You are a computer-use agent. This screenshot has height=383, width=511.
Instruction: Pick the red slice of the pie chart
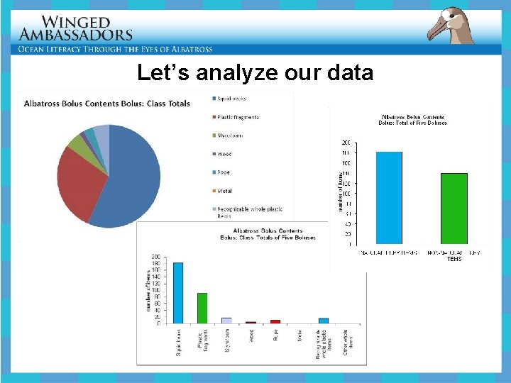tap(78, 184)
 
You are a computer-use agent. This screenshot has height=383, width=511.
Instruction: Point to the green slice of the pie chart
tap(77, 142)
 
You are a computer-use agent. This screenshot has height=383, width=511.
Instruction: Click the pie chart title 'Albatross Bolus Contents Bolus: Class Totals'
tap(107, 103)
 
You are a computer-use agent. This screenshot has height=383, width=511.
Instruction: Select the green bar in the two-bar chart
tap(454, 209)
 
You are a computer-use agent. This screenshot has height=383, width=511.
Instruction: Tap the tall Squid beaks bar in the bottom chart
tap(178, 292)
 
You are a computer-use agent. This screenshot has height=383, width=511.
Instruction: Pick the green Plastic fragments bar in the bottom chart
tap(202, 308)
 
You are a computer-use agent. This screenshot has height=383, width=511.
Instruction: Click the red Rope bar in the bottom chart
tap(275, 321)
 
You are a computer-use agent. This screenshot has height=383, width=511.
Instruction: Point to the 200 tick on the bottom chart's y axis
tap(155, 257)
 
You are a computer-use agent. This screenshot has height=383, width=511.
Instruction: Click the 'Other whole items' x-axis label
tap(346, 340)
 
